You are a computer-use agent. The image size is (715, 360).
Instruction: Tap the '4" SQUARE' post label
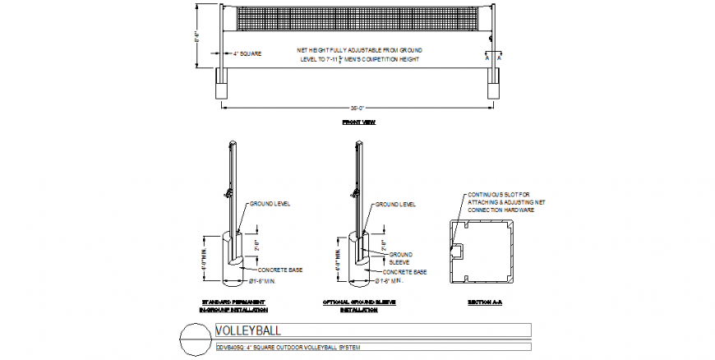click(x=247, y=53)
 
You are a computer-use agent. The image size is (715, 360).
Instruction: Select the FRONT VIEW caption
click(x=357, y=122)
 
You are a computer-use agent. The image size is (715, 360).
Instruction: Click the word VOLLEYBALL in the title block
click(x=247, y=330)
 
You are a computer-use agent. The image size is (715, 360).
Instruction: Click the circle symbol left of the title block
click(x=195, y=339)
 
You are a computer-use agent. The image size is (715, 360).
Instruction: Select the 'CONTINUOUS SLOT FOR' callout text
click(x=498, y=195)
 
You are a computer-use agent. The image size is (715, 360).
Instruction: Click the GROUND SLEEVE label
click(x=400, y=257)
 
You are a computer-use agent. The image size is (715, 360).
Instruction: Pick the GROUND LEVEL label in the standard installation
click(x=270, y=203)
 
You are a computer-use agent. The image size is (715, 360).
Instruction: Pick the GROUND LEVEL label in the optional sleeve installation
click(x=395, y=203)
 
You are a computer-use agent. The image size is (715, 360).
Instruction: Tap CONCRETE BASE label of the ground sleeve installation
click(x=404, y=271)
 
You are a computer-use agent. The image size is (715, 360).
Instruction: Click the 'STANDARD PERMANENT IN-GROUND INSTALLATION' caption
click(x=234, y=307)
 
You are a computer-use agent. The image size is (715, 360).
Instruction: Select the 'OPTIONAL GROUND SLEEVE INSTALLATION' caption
click(x=359, y=307)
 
